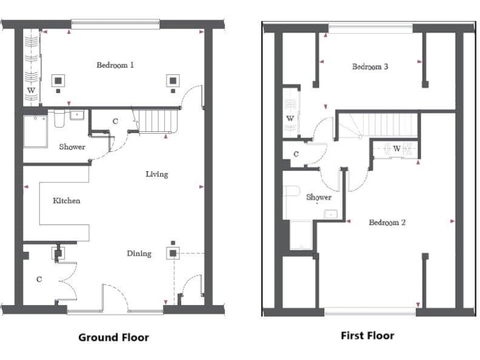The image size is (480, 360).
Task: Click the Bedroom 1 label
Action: [x=114, y=64]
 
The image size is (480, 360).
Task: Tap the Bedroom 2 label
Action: [x=387, y=222]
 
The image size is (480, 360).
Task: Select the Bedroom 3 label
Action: [x=371, y=66]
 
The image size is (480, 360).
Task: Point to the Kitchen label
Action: [x=66, y=201]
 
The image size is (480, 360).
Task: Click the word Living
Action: [x=157, y=174]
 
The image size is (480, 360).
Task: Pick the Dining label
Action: [x=139, y=253]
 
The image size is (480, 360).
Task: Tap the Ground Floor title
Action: [x=113, y=337]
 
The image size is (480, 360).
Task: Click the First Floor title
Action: [x=367, y=336]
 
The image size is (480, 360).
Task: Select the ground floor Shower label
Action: [x=72, y=147]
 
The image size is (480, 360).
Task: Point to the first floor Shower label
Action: [x=318, y=197]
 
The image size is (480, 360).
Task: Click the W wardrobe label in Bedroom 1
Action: [x=31, y=90]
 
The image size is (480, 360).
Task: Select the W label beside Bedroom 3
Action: [x=290, y=118]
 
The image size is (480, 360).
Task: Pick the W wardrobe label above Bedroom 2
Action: [x=396, y=148]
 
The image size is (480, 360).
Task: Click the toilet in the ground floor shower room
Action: [x=60, y=118]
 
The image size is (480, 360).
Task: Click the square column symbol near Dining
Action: [x=172, y=253]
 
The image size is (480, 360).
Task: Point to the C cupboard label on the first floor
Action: [x=296, y=153]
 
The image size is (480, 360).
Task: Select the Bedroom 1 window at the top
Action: [x=115, y=24]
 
